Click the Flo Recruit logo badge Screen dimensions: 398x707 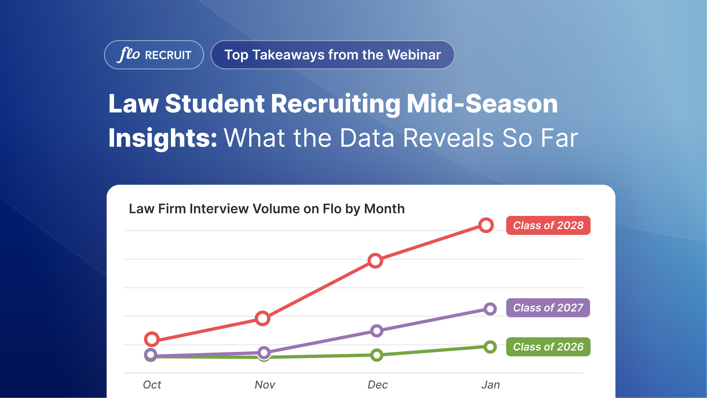pyautogui.click(x=154, y=55)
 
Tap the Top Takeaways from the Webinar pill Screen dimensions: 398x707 pyautogui.click(x=332, y=55)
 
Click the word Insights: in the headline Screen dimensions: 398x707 pyautogui.click(x=163, y=138)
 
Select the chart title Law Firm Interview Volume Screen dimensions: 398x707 pyautogui.click(x=267, y=209)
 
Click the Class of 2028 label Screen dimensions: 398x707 pyautogui.click(x=548, y=225)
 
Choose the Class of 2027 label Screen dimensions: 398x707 pyautogui.click(x=548, y=308)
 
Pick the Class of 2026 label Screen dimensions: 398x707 pyautogui.click(x=548, y=347)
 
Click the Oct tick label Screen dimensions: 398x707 pyautogui.click(x=152, y=385)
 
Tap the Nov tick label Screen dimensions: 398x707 pyautogui.click(x=265, y=385)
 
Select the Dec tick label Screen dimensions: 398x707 pyautogui.click(x=377, y=385)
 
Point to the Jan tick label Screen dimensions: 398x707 pyautogui.click(x=490, y=385)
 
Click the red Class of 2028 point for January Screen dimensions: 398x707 pyautogui.click(x=486, y=225)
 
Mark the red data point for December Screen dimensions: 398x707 pyautogui.click(x=375, y=260)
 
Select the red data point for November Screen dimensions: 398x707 pyautogui.click(x=262, y=318)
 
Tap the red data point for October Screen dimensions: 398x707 pyautogui.click(x=152, y=339)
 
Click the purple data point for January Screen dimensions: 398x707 pyautogui.click(x=490, y=309)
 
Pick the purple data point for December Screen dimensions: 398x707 pyautogui.click(x=377, y=331)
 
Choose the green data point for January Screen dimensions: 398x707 pyautogui.click(x=490, y=347)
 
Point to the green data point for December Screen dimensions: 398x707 pyautogui.click(x=377, y=355)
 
